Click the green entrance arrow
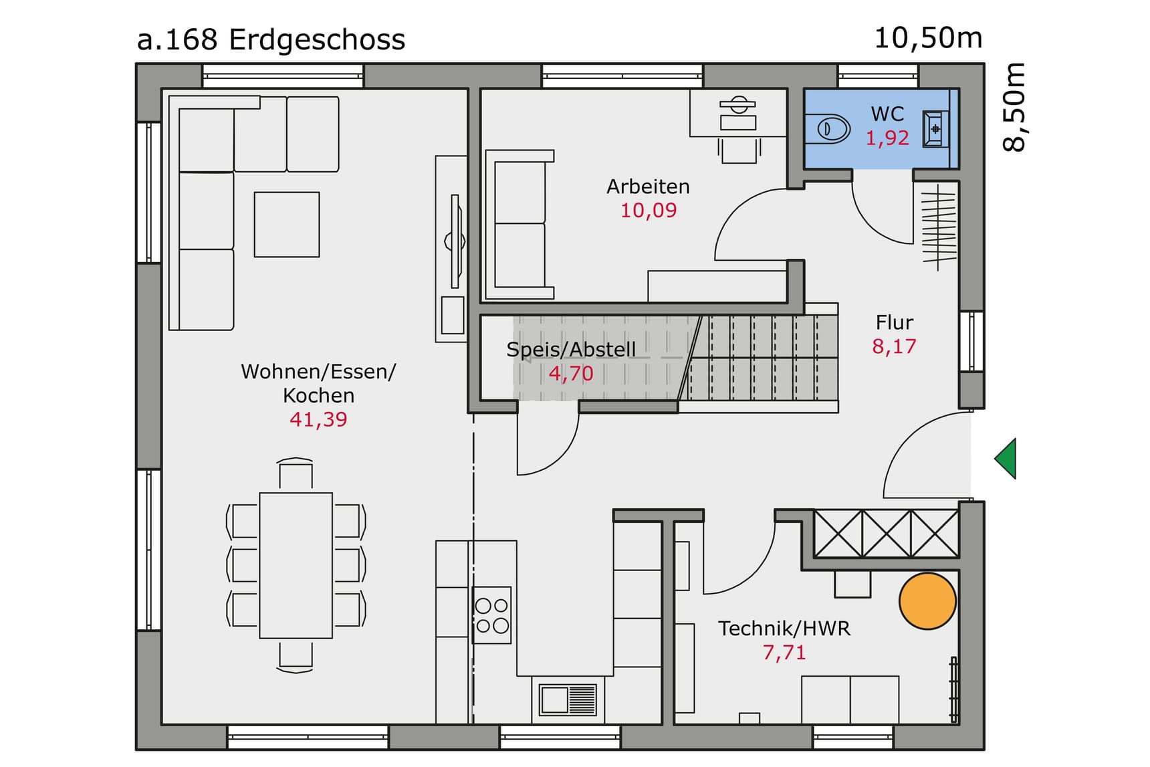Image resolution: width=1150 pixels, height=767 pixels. [x=1007, y=459]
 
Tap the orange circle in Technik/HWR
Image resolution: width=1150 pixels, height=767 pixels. [x=927, y=601]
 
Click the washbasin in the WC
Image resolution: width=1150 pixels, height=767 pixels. [x=935, y=128]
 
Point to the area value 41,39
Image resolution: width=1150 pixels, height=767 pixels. [x=318, y=420]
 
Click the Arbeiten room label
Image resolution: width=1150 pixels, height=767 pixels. [x=648, y=187]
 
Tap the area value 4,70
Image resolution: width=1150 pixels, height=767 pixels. [x=571, y=373]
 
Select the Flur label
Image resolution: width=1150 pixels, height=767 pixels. [x=894, y=323]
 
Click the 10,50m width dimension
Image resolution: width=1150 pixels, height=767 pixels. [x=928, y=38]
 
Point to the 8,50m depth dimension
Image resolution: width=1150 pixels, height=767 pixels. [x=1014, y=107]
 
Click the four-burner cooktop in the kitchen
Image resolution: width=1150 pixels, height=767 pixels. [x=492, y=615]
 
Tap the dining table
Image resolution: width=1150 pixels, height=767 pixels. [x=296, y=565]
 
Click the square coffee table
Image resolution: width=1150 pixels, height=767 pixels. [x=287, y=225]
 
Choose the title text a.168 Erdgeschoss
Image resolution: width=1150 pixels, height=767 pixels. [x=271, y=40]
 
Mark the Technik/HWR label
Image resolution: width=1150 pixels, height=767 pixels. [x=784, y=629]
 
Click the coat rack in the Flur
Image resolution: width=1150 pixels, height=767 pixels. [x=938, y=227]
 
